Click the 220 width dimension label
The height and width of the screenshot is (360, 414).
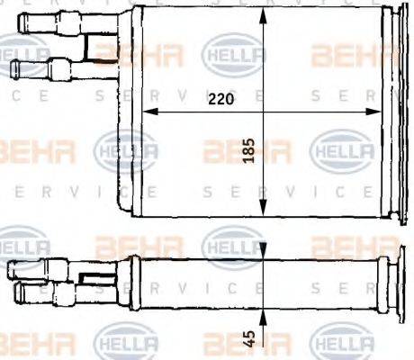(220, 101)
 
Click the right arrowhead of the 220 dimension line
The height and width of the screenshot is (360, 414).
(380, 112)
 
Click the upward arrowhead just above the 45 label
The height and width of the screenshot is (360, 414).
(260, 317)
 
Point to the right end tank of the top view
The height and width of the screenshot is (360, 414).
(392, 112)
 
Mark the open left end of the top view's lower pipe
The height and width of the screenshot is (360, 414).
(14, 67)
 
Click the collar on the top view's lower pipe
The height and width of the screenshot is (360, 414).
(58, 67)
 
